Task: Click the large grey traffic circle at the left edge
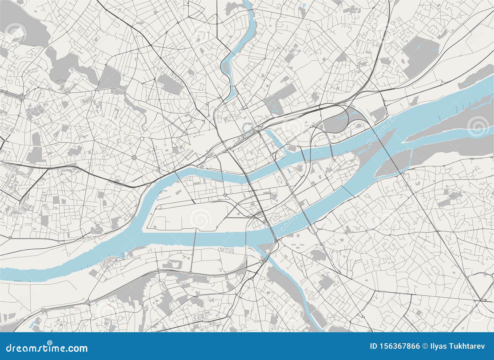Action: (23, 97)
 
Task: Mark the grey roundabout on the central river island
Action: (225, 195)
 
